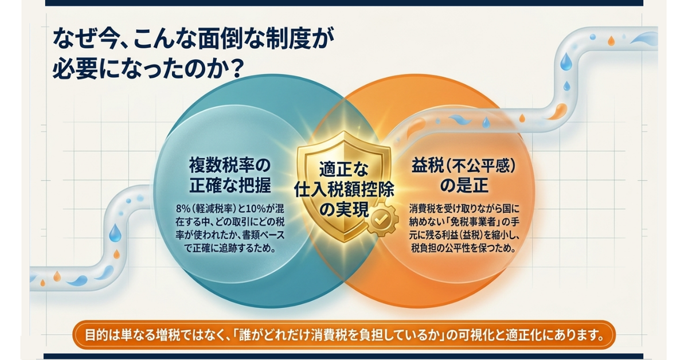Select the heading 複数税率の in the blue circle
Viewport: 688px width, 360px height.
pos(229,166)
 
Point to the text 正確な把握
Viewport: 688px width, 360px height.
pos(230,185)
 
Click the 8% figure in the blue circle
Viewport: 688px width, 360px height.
pos(183,209)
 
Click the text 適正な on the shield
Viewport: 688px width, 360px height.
pos(343,169)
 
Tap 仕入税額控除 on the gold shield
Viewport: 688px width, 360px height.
pos(344,190)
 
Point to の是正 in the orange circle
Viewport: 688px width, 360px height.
pos(464,186)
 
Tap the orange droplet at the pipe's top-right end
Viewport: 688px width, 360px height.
pos(611,41)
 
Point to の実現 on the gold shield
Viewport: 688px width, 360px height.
pos(343,210)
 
